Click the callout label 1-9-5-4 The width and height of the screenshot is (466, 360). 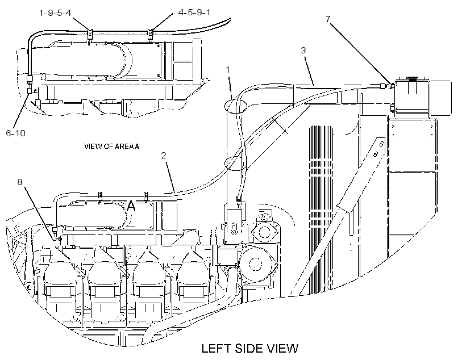(x=55, y=12)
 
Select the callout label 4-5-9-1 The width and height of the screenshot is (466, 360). (x=194, y=12)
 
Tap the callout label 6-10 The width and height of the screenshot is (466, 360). (x=16, y=133)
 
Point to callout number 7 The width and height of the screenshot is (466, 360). (x=328, y=19)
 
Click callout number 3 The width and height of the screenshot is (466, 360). (x=303, y=50)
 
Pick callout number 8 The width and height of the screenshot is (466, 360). (x=20, y=182)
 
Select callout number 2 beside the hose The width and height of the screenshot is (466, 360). (x=164, y=156)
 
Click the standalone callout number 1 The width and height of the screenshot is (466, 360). (x=228, y=70)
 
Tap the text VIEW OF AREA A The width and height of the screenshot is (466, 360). (x=111, y=146)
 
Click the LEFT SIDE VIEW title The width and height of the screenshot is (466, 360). (x=249, y=348)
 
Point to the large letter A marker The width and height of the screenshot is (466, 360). (x=131, y=206)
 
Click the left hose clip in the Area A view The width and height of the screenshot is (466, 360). (x=90, y=34)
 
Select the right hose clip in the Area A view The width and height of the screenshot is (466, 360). (x=151, y=34)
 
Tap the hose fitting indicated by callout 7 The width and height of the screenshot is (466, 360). (x=386, y=86)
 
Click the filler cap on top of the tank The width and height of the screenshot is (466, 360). (x=412, y=79)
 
